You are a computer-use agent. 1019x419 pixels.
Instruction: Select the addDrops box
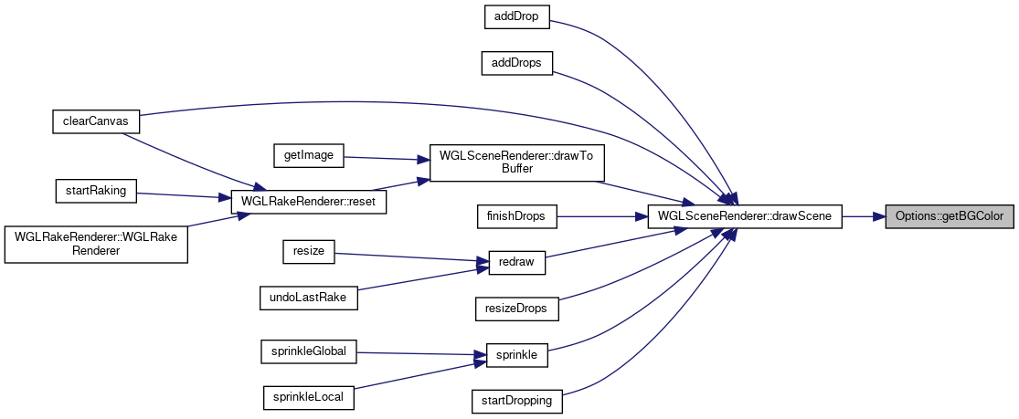pyautogui.click(x=517, y=63)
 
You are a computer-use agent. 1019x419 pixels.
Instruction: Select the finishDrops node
pyautogui.click(x=517, y=216)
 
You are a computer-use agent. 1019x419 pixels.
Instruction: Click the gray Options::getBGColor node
pyautogui.click(x=950, y=216)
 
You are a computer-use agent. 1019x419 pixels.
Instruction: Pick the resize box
pyautogui.click(x=309, y=251)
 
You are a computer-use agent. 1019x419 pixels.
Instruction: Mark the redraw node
pyautogui.click(x=517, y=263)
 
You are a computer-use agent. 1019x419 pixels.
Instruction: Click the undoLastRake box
pyautogui.click(x=309, y=297)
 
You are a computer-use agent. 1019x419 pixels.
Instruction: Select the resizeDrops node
pyautogui.click(x=517, y=309)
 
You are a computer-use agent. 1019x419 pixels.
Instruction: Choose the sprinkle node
pyautogui.click(x=517, y=354)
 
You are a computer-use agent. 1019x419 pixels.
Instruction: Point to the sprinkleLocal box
pyautogui.click(x=309, y=397)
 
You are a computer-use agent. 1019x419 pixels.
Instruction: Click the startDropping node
pyautogui.click(x=517, y=400)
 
